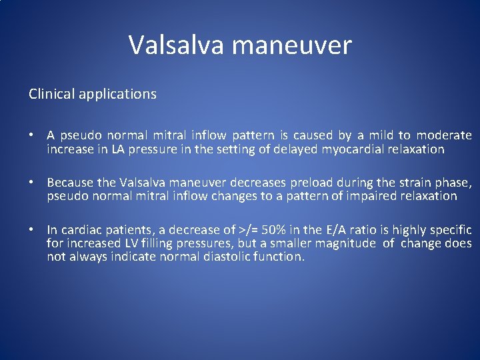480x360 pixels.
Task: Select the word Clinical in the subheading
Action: tap(51, 94)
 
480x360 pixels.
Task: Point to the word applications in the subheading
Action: tap(117, 95)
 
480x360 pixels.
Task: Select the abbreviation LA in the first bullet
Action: tap(119, 149)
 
